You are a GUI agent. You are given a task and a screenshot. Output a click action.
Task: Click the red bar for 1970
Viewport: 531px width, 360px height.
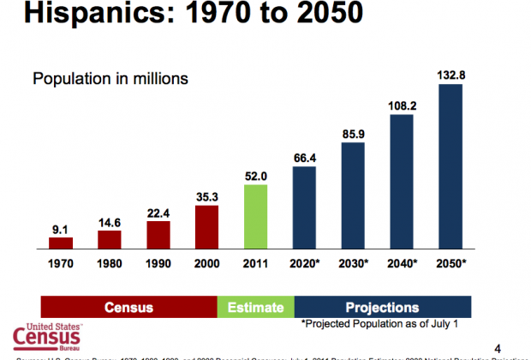tap(61, 243)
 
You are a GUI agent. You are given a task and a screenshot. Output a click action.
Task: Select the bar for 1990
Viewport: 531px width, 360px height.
tap(158, 234)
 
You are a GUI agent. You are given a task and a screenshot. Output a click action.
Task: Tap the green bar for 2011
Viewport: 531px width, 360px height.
tap(256, 216)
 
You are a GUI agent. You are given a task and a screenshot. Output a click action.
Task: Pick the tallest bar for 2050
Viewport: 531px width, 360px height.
tap(450, 165)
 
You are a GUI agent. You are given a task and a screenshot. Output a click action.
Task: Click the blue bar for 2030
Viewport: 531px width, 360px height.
tap(353, 195)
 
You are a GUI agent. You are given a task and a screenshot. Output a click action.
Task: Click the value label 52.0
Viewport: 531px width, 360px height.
tap(255, 175)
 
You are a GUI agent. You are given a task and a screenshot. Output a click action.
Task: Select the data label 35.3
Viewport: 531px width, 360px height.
tap(206, 195)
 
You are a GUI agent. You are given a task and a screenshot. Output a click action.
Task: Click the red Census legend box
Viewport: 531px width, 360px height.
tap(128, 307)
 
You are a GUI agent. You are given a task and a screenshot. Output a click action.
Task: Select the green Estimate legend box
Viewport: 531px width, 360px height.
tap(255, 307)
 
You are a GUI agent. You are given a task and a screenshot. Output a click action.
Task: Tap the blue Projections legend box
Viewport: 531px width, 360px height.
tap(382, 307)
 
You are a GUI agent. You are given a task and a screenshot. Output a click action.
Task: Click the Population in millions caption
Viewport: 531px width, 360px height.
tap(110, 79)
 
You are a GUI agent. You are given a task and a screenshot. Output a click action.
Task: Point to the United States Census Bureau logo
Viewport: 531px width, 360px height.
tap(49, 339)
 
